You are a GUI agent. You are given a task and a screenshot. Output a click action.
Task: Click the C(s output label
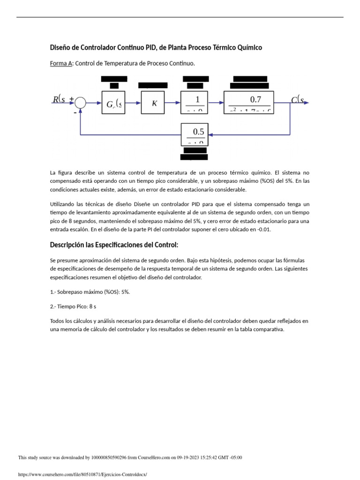click(x=298, y=99)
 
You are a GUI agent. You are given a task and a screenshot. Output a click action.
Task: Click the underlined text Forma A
click(x=61, y=63)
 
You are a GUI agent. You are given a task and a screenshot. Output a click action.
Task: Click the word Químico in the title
click(x=249, y=47)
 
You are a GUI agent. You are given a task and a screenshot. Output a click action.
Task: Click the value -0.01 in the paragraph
click(x=263, y=229)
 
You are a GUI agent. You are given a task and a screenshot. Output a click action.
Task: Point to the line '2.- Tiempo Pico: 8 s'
click(x=73, y=306)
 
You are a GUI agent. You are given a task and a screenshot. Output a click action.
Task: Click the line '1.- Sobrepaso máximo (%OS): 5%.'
click(x=90, y=292)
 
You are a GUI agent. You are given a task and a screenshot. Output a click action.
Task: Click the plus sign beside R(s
click(x=72, y=99)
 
